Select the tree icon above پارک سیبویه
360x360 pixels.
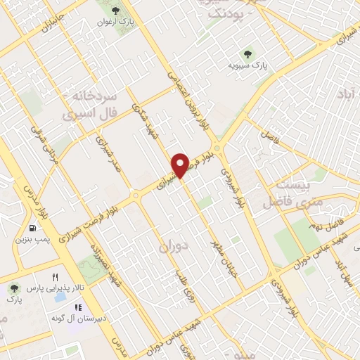pos(247,53)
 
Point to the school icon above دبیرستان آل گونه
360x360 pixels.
pos(79,307)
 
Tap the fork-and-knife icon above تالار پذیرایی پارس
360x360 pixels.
pos(55,278)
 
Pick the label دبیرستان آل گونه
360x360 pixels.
pos(77,319)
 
